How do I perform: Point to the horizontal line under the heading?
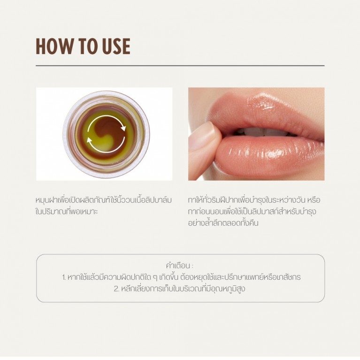(x=180, y=66)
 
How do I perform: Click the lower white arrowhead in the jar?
(x=89, y=139)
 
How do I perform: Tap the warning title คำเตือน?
(x=178, y=266)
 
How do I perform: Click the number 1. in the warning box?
(x=64, y=277)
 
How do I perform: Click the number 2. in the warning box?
(x=116, y=289)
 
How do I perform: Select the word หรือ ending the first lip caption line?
(x=314, y=200)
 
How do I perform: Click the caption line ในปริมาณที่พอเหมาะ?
(x=67, y=212)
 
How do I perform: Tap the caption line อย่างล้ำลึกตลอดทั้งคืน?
(x=223, y=223)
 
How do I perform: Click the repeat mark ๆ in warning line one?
(x=155, y=277)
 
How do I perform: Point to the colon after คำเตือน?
(x=192, y=266)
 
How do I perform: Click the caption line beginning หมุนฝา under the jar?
(x=104, y=200)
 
